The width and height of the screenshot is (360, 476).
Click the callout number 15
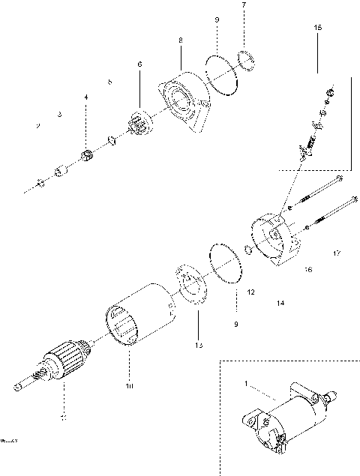click(x=317, y=27)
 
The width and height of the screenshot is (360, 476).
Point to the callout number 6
click(x=139, y=65)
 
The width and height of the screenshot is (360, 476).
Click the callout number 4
click(x=85, y=97)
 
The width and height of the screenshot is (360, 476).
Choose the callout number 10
click(x=128, y=387)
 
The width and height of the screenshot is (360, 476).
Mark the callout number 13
click(x=198, y=346)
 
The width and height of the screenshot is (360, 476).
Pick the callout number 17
click(x=337, y=253)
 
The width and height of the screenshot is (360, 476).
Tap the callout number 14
click(x=280, y=303)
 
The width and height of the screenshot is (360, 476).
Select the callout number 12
click(x=250, y=291)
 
